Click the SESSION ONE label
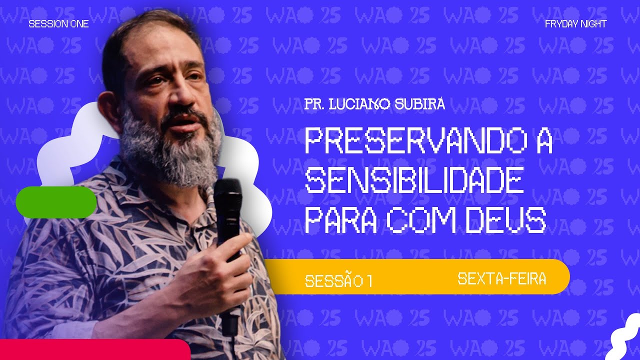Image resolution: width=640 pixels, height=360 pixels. click(58, 24)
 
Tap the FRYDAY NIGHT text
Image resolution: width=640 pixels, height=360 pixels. click(575, 24)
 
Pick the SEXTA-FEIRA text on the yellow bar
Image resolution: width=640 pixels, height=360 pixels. click(501, 278)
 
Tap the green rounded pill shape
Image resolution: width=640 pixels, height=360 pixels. click(56, 202)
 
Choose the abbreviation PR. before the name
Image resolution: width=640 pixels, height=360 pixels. click(313, 105)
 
